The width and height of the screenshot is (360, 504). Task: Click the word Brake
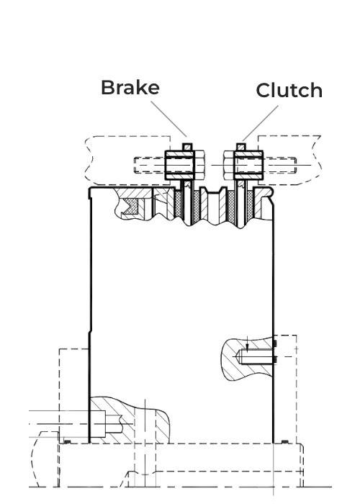tap(130, 87)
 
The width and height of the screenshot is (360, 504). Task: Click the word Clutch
tap(289, 90)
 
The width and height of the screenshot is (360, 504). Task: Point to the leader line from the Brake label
tap(168, 119)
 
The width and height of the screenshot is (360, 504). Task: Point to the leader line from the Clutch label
tap(261, 123)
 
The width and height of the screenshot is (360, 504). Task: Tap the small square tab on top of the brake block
tap(187, 147)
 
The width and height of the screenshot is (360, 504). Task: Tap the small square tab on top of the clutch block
tap(241, 147)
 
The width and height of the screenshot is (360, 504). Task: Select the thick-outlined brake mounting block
tap(180, 165)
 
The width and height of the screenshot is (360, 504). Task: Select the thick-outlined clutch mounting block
tap(249, 165)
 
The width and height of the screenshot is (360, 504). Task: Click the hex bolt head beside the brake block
tap(199, 165)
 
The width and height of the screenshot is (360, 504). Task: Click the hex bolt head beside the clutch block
tap(229, 165)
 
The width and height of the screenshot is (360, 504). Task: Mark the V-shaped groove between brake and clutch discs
tap(213, 197)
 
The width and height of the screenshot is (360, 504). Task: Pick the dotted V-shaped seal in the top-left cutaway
tap(132, 207)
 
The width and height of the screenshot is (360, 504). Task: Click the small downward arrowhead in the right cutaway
tap(247, 347)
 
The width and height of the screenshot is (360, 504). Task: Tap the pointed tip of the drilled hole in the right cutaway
tap(235, 356)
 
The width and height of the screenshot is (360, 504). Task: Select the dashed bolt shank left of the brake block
tap(150, 165)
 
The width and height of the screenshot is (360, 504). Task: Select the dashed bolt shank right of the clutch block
tap(280, 165)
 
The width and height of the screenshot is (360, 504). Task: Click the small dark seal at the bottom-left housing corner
tap(67, 442)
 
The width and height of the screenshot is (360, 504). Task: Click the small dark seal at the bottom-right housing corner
tap(285, 442)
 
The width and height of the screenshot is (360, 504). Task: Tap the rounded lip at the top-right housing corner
tap(272, 192)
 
